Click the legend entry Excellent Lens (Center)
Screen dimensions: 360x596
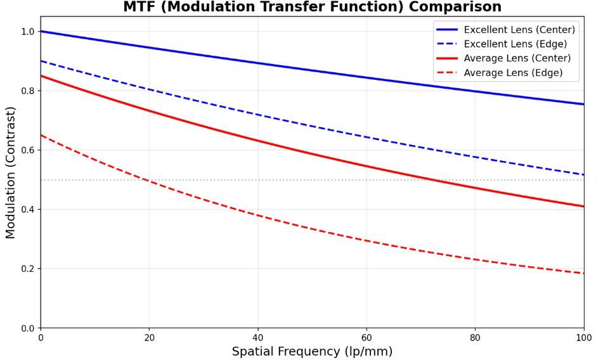click(x=519, y=30)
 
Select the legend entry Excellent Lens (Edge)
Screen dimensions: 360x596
click(x=515, y=44)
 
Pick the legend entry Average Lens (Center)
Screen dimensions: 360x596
click(x=517, y=58)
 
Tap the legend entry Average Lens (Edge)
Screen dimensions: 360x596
click(x=513, y=73)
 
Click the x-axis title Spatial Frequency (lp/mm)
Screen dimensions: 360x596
click(x=312, y=351)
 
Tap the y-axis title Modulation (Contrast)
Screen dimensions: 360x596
click(x=10, y=180)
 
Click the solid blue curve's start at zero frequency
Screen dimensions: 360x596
click(x=41, y=31)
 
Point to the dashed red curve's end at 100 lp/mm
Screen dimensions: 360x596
click(x=583, y=273)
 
